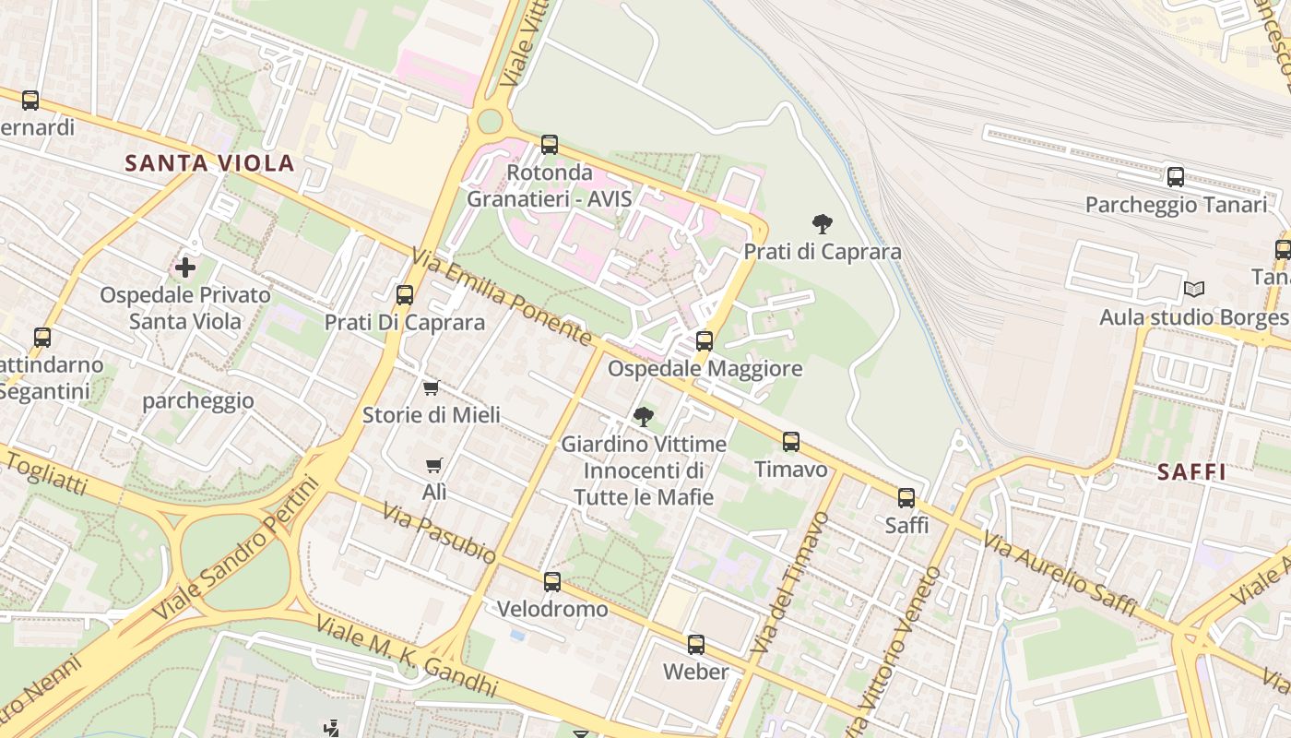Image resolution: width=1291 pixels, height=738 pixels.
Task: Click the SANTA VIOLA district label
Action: [x=209, y=163]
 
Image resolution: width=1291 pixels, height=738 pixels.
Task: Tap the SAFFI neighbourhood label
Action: [x=1191, y=472]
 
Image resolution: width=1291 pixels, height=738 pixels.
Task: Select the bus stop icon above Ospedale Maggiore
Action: [x=705, y=341]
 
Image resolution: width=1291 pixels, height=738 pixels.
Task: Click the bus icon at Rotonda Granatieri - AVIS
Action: [x=550, y=145]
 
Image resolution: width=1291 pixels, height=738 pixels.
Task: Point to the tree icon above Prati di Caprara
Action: [x=822, y=223]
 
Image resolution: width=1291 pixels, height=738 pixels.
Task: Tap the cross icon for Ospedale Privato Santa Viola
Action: [x=185, y=268]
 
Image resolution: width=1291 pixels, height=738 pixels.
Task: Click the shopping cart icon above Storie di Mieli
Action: [x=431, y=387]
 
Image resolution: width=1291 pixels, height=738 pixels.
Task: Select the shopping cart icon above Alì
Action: [x=433, y=466]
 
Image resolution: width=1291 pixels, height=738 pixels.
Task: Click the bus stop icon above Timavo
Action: [x=791, y=442]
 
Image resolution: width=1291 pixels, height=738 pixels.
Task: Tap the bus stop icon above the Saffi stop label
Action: [x=906, y=498]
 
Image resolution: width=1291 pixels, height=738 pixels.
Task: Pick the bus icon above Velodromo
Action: [x=552, y=582]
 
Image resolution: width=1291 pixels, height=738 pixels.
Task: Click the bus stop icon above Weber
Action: [x=696, y=645]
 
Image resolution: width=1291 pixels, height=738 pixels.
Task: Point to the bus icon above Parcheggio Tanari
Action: [x=1175, y=177]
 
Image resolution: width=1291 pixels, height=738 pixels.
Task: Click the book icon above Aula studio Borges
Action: [x=1194, y=290]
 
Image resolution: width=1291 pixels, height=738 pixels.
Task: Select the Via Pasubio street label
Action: [x=439, y=534]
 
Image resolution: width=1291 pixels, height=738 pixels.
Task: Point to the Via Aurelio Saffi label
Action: [x=1059, y=573]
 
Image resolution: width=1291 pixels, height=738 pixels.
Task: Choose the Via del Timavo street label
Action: [x=789, y=584]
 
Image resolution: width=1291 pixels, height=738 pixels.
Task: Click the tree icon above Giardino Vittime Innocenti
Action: [x=644, y=416]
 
